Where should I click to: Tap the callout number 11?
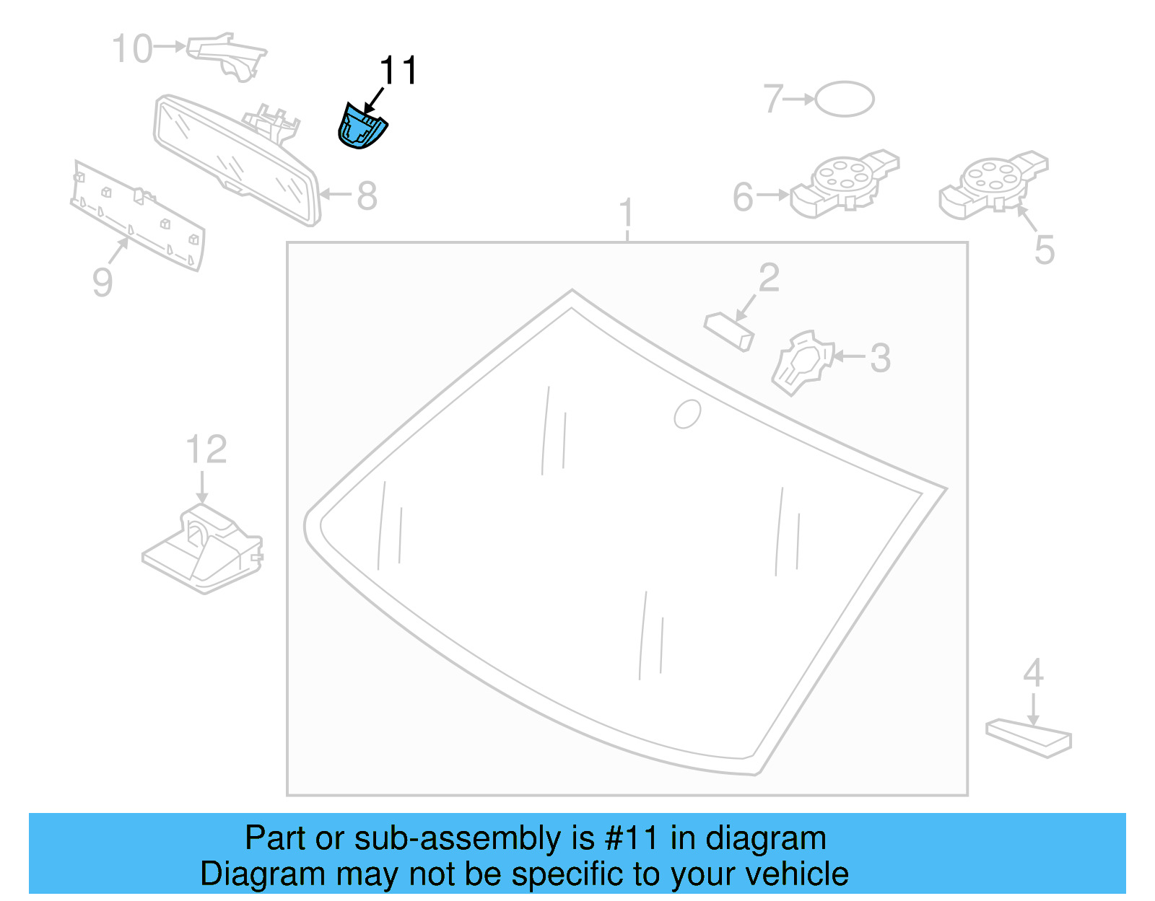[398, 71]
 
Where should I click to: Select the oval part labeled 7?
[844, 99]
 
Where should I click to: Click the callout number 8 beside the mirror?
[367, 195]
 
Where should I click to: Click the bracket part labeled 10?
[228, 53]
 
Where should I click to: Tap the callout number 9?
[103, 282]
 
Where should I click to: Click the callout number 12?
[206, 450]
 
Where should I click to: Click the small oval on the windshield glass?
[687, 414]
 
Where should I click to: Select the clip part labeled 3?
[801, 362]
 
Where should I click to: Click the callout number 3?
[879, 358]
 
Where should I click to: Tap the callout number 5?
[1044, 250]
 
